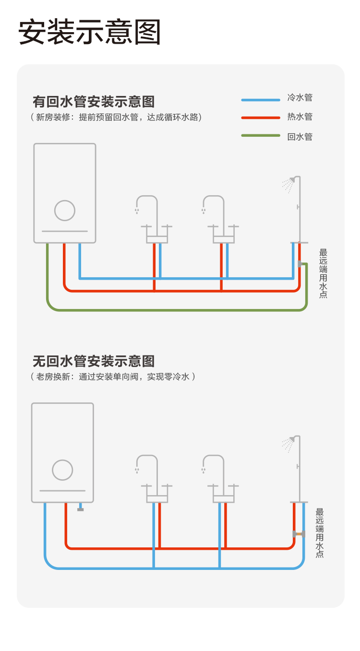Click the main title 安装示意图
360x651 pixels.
90,33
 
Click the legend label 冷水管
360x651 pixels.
300,98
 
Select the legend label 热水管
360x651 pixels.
300,117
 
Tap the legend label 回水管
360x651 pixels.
300,137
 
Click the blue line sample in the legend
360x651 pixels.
260,100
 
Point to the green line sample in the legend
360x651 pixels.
260,136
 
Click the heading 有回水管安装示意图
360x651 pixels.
94,102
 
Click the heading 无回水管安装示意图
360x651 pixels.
94,361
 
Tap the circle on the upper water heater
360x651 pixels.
65,210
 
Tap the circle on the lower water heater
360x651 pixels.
62,470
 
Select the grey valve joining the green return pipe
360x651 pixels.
300,264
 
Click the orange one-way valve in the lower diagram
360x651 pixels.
299,534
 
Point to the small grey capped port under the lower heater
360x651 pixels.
80,509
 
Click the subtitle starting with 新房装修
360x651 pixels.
116,117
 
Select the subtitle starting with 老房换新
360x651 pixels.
113,377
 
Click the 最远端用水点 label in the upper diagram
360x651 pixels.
323,273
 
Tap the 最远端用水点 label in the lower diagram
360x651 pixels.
320,533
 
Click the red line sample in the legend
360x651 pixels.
260,118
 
